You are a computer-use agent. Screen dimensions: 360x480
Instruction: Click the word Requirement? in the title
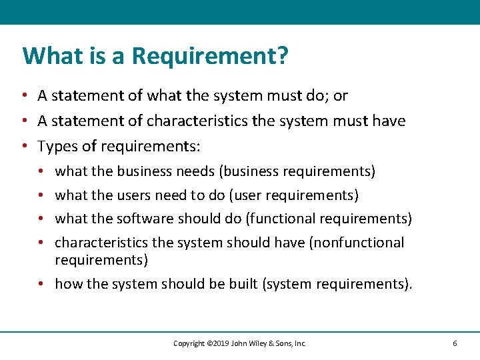click(x=211, y=56)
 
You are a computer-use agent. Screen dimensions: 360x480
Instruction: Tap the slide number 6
click(x=455, y=343)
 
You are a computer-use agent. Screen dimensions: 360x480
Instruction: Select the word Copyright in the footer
click(x=189, y=343)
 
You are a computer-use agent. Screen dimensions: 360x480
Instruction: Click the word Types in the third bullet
click(x=55, y=146)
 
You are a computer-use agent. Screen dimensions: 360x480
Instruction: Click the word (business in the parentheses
click(x=249, y=171)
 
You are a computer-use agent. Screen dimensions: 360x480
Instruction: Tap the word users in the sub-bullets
click(x=133, y=195)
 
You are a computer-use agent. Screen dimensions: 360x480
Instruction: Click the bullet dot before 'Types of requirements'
click(x=23, y=146)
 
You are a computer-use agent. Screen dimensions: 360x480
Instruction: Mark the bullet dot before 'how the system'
click(x=41, y=284)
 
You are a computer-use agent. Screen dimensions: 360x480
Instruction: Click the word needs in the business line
click(x=195, y=171)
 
